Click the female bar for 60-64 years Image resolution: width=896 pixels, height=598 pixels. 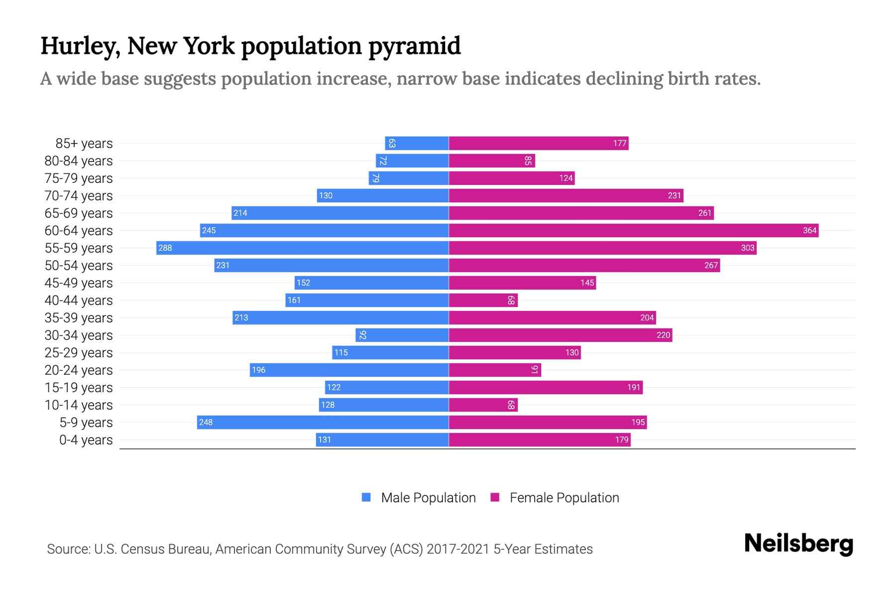pyautogui.click(x=633, y=230)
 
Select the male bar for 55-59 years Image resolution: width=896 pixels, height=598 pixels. pyautogui.click(x=303, y=248)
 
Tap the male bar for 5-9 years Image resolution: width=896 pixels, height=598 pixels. pyautogui.click(x=323, y=422)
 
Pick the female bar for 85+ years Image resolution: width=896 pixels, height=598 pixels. pyautogui.click(x=539, y=143)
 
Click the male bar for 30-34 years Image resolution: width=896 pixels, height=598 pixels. pyautogui.click(x=402, y=335)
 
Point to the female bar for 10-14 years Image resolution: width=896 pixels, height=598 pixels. pyautogui.click(x=483, y=405)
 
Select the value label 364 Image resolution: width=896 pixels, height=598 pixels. pyautogui.click(x=809, y=230)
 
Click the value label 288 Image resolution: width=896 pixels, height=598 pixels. pyautogui.click(x=165, y=248)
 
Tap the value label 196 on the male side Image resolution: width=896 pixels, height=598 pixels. pyautogui.click(x=259, y=370)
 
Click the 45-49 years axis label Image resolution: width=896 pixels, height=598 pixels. pyautogui.click(x=79, y=283)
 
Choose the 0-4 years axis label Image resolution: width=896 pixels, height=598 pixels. pyautogui.click(x=86, y=440)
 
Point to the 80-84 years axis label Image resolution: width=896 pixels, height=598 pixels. pyautogui.click(x=79, y=160)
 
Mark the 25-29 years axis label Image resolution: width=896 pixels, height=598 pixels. pyautogui.click(x=79, y=352)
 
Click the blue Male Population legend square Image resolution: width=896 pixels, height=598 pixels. pyautogui.click(x=366, y=497)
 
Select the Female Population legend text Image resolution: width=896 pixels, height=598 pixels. pyautogui.click(x=564, y=497)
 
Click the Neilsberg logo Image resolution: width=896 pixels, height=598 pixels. pyautogui.click(x=798, y=544)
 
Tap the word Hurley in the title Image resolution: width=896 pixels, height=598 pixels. pyautogui.click(x=80, y=46)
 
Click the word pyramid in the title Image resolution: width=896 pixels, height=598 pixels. pyautogui.click(x=414, y=46)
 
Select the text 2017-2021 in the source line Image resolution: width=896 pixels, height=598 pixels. pyautogui.click(x=457, y=549)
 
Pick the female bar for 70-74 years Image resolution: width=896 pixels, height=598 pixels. pyautogui.click(x=566, y=195)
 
